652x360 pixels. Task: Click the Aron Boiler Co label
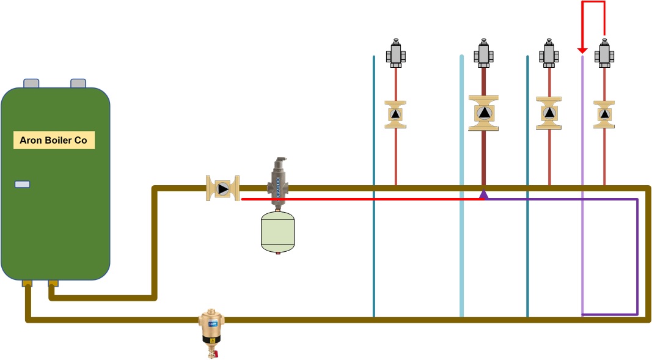[x=54, y=141]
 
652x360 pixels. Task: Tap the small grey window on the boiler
[x=23, y=184]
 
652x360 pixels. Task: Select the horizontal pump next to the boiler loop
[x=222, y=189]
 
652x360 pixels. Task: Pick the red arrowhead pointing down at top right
[x=582, y=48]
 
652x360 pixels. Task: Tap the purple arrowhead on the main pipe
[x=483, y=194]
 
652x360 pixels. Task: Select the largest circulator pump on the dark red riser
[x=483, y=113]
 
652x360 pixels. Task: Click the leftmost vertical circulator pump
[x=395, y=114]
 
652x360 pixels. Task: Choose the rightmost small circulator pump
[x=604, y=114]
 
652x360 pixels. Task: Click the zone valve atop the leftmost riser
[x=395, y=53]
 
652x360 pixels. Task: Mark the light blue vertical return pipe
[x=461, y=183]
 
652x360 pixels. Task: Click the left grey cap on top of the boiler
[x=32, y=84]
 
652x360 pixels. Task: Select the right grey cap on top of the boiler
[x=78, y=84]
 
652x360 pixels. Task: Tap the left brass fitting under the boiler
[x=27, y=283]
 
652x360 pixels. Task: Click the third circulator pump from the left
[x=549, y=113]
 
